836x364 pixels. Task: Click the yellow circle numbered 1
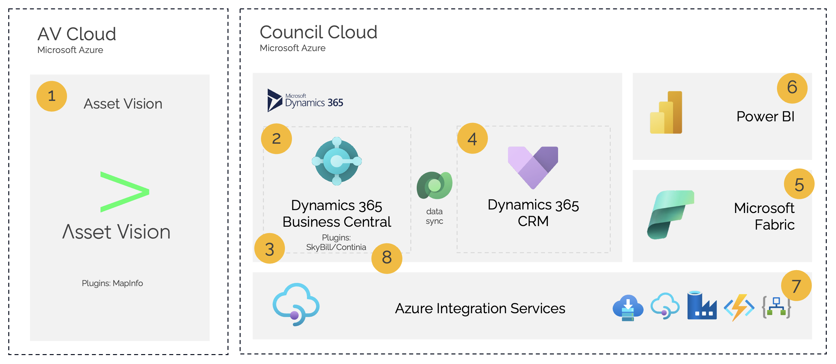[52, 96]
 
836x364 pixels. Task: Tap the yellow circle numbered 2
[276, 139]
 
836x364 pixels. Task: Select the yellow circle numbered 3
[269, 248]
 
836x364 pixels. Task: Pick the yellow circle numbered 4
[472, 138]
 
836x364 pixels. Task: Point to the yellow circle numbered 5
[799, 184]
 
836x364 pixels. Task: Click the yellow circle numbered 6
[792, 88]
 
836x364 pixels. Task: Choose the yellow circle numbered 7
[796, 286]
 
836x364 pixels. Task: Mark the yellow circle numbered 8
[386, 258]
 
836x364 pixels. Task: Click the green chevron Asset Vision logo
[124, 192]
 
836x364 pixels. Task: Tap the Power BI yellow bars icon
[666, 112]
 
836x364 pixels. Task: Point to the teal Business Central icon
[337, 161]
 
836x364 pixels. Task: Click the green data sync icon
[434, 186]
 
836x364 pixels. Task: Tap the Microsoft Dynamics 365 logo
[305, 100]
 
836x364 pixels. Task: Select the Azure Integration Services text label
[480, 308]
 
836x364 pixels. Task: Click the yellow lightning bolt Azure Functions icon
[739, 307]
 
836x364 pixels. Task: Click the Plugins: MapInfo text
[112, 283]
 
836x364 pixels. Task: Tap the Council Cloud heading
[318, 32]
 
